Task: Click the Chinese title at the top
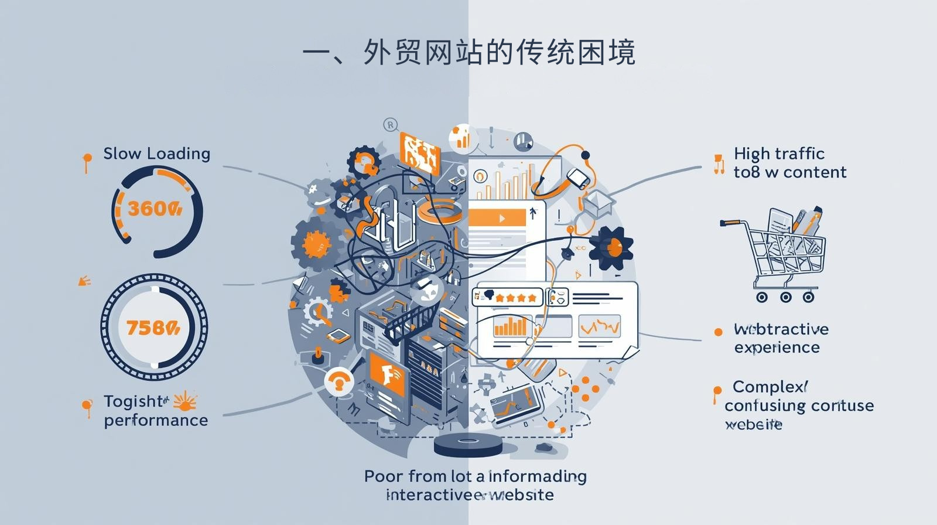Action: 468,53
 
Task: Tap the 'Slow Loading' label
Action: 156,154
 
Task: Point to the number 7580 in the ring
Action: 153,328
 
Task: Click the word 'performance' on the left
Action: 156,420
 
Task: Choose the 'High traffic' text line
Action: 779,154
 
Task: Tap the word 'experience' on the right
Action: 777,347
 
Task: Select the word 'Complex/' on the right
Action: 770,387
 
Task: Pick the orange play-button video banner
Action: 497,218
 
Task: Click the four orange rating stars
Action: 515,298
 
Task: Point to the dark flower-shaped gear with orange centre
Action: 611,248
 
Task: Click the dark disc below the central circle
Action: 468,445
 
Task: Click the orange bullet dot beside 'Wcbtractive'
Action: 719,332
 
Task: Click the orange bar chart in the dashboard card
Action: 510,326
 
